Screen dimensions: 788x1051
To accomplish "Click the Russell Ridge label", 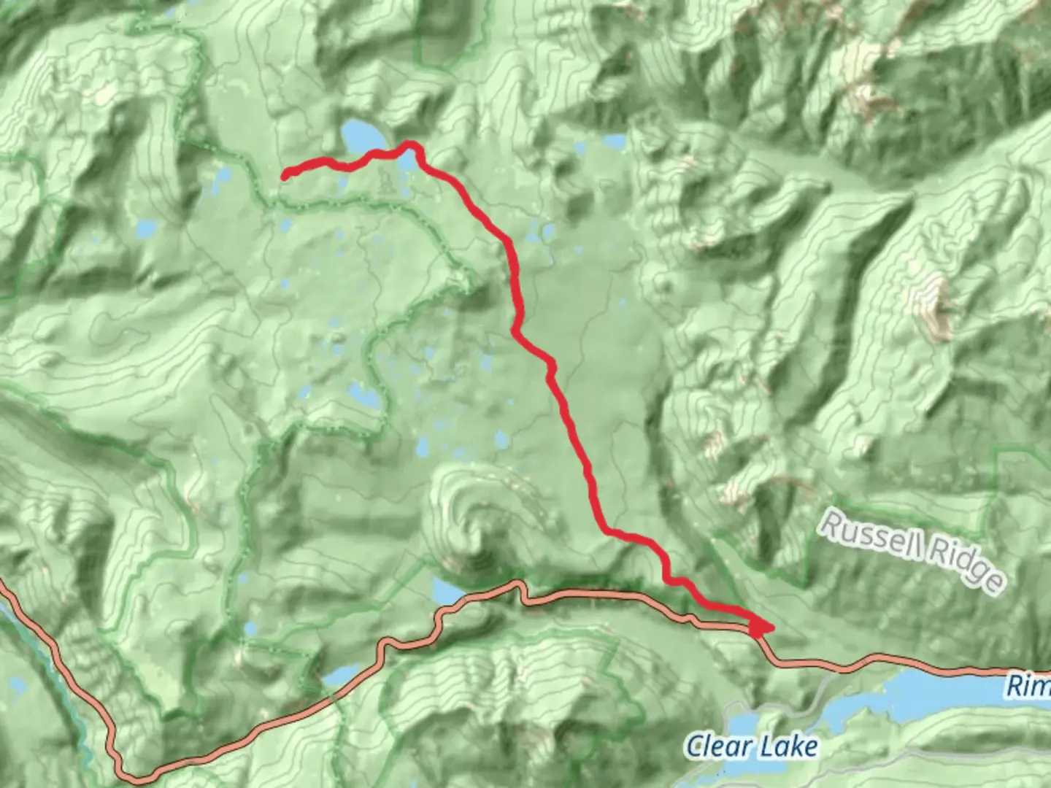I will tap(912, 552).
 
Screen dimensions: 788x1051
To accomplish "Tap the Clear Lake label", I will tap(751, 746).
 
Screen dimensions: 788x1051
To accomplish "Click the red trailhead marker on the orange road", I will tap(759, 627).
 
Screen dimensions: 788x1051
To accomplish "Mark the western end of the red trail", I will tap(285, 174).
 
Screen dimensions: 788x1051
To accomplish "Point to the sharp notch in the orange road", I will tap(520, 588).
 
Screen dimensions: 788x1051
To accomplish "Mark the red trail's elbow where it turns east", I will tap(604, 530).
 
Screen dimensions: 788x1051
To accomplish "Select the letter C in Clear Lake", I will tap(694, 746).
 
